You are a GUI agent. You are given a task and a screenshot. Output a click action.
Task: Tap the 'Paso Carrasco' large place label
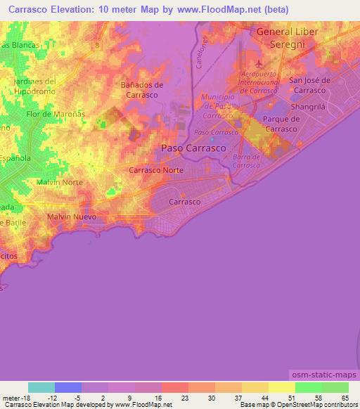[193, 148]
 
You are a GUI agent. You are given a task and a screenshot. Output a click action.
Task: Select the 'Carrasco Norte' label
[156, 170]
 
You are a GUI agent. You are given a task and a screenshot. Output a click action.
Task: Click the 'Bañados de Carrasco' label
[142, 89]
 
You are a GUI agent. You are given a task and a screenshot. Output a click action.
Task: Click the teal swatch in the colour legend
[41, 387]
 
